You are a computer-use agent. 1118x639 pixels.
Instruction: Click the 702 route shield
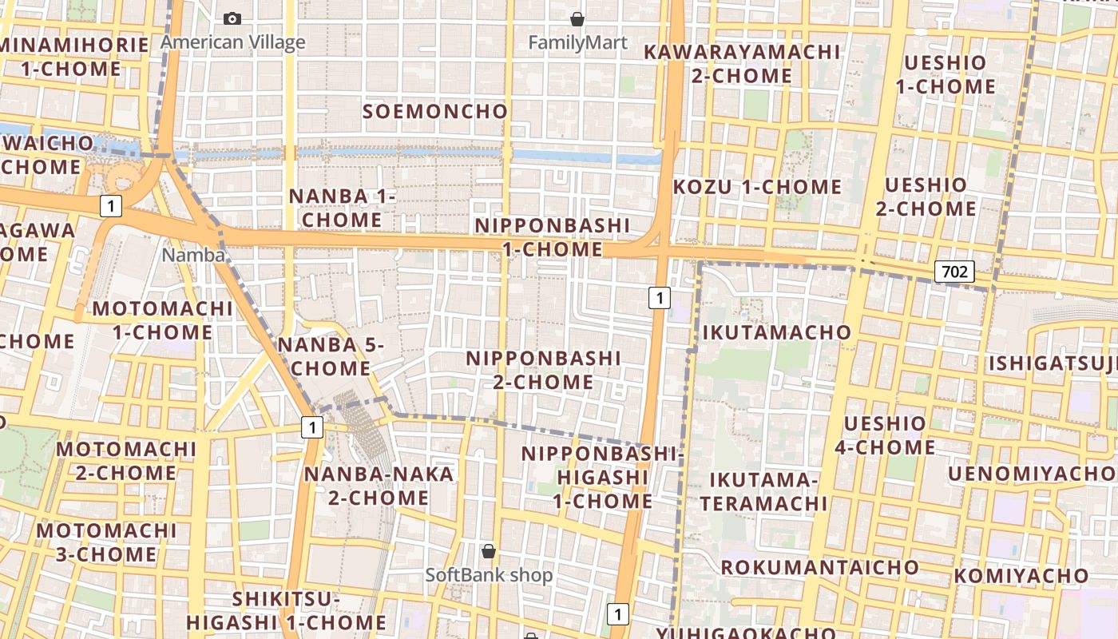954,272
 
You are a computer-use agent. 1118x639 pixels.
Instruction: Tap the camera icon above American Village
232,18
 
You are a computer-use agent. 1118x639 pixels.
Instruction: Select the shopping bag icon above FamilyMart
577,18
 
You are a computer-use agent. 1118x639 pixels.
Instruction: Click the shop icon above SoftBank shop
489,551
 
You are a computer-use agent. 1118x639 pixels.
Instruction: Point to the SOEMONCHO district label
435,112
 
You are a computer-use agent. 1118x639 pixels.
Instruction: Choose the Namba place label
193,255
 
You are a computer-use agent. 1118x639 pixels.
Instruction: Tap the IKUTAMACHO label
776,332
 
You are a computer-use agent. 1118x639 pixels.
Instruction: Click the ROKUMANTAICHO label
820,567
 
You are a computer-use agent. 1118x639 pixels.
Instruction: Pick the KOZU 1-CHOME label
757,188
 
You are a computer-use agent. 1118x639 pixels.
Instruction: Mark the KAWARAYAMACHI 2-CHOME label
742,64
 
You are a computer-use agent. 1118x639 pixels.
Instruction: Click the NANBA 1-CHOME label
343,208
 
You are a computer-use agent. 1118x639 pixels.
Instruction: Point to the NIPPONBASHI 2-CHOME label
543,370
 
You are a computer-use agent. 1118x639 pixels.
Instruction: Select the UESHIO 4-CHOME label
885,435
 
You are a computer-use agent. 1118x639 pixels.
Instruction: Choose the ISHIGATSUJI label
1053,364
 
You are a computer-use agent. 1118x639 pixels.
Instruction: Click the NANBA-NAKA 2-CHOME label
379,486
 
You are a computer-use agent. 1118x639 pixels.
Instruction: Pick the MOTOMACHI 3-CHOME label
106,542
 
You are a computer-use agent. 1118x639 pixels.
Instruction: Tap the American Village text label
233,42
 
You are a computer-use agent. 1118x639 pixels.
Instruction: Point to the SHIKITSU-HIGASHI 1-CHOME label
287,611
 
